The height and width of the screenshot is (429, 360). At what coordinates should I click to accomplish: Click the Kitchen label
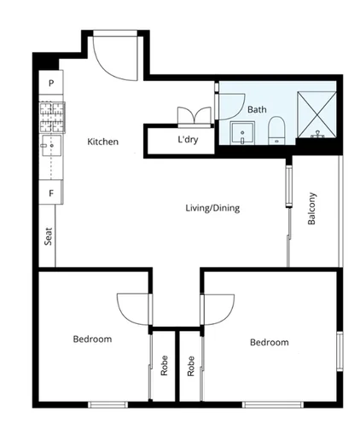click(102, 142)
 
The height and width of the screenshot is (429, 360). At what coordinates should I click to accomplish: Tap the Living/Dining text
click(212, 208)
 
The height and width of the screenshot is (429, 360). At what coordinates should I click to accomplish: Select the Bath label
click(257, 109)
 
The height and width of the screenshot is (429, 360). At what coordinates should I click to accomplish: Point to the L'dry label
click(188, 140)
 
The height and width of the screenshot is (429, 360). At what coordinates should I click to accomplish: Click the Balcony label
click(312, 209)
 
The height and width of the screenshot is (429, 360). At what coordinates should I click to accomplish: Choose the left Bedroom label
click(92, 339)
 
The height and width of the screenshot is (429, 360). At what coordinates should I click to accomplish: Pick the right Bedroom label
click(269, 342)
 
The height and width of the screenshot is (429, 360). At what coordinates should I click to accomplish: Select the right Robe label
click(191, 366)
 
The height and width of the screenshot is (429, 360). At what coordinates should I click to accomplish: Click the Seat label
click(48, 234)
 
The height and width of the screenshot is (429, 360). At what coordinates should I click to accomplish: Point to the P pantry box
click(51, 84)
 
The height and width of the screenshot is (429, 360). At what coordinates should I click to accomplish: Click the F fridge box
click(51, 194)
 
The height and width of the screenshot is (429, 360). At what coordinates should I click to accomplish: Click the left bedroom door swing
click(134, 308)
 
